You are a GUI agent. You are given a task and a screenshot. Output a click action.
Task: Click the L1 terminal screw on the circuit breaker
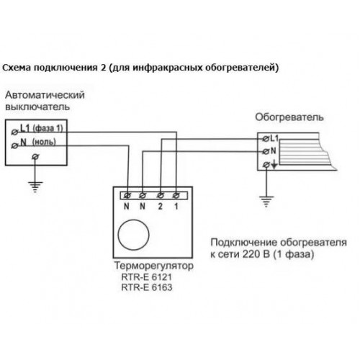pyautogui.click(x=15, y=132)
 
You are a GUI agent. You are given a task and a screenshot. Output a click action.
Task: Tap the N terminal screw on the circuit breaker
pyautogui.click(x=15, y=145)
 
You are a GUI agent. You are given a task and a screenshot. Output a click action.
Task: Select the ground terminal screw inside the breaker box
pyautogui.click(x=35, y=157)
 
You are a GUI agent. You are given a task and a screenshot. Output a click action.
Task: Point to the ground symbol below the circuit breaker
pyautogui.click(x=35, y=187)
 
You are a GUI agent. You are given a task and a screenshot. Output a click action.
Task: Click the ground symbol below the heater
pyautogui.click(x=266, y=202)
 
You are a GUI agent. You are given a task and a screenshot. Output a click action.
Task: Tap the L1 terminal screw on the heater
pyautogui.click(x=266, y=139)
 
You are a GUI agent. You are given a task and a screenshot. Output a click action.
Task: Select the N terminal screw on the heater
pyautogui.click(x=266, y=151)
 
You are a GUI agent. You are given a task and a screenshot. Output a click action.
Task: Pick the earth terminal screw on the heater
pyautogui.click(x=266, y=165)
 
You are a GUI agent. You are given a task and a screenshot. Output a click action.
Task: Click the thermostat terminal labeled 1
pyautogui.click(x=176, y=196)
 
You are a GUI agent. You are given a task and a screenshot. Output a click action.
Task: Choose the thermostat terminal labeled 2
pyautogui.click(x=161, y=196)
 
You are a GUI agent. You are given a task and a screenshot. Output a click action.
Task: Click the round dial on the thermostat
pyautogui.click(x=133, y=235)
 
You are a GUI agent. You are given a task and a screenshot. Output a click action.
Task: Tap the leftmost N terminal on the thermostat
pyautogui.click(x=127, y=196)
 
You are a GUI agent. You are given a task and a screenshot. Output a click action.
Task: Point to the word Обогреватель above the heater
pyautogui.click(x=289, y=117)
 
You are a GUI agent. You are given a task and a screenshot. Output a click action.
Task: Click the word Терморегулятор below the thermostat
pyautogui.click(x=154, y=266)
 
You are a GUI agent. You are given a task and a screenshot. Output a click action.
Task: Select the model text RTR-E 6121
pyautogui.click(x=147, y=277)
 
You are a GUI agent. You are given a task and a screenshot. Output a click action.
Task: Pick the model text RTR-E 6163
pyautogui.click(x=147, y=287)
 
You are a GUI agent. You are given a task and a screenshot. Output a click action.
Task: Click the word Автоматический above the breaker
pyautogui.click(x=45, y=95)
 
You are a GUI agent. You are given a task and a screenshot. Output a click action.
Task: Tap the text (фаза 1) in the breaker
pyautogui.click(x=48, y=129)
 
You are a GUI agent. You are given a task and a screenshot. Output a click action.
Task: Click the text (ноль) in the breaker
pyautogui.click(x=44, y=142)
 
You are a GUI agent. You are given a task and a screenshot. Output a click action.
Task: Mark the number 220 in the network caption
pyautogui.click(x=251, y=254)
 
